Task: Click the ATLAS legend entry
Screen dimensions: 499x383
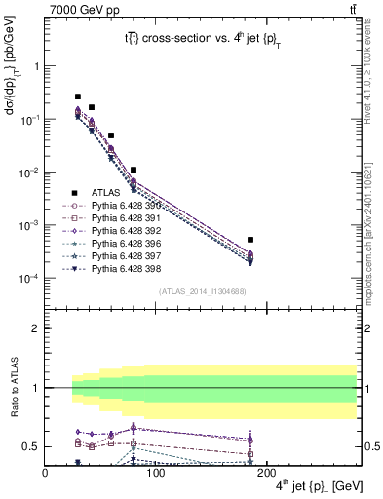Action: tap(104, 192)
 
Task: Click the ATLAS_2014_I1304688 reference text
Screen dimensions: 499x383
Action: tap(202, 291)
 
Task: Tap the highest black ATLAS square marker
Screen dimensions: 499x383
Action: tap(78, 97)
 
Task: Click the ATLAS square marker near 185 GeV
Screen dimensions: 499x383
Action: tap(250, 239)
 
